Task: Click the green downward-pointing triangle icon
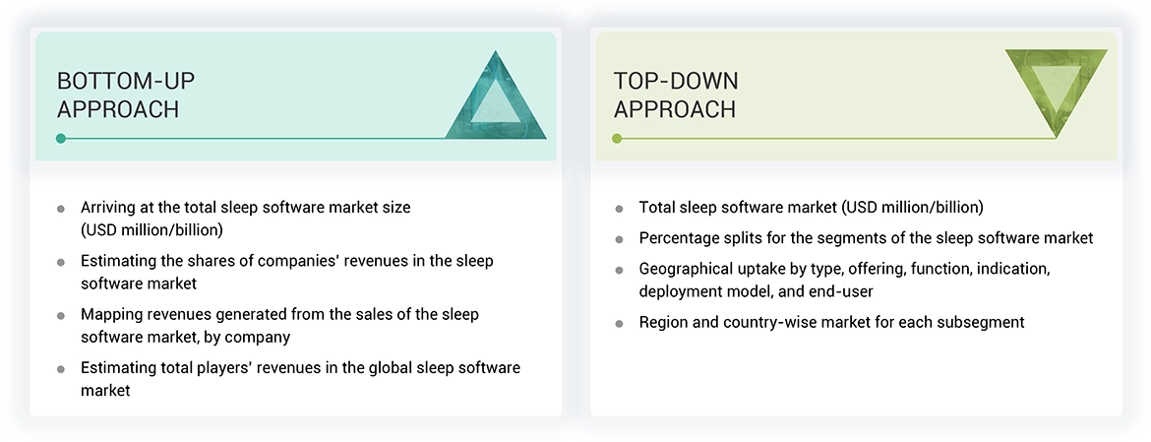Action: click(1056, 91)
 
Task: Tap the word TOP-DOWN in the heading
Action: click(676, 81)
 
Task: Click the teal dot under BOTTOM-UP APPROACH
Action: click(61, 138)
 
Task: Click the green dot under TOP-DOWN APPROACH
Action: click(617, 138)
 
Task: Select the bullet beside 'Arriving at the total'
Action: click(61, 209)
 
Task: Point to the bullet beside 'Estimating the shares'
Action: click(61, 262)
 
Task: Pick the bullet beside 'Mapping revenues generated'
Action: click(61, 315)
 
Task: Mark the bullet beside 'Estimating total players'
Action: click(61, 368)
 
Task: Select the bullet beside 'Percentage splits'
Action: click(619, 239)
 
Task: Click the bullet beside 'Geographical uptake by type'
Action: click(619, 269)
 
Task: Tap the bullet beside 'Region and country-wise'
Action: click(619, 323)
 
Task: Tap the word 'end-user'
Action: click(844, 291)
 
